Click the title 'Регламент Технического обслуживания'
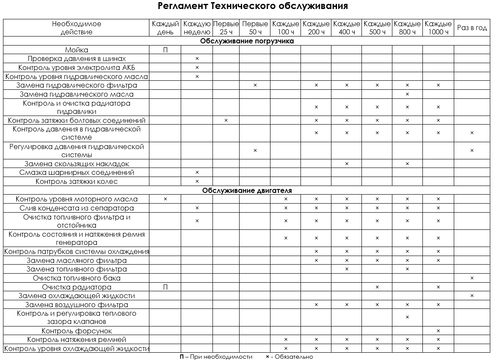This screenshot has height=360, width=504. click(x=252, y=6)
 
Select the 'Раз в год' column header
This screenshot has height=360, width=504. click(x=472, y=28)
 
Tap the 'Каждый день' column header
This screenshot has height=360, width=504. click(x=165, y=28)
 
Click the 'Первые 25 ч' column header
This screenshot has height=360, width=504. click(x=226, y=28)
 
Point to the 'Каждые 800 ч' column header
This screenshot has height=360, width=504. click(x=407, y=28)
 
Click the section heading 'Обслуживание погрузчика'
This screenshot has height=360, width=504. click(x=247, y=41)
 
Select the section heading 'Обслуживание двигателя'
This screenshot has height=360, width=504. click(x=247, y=190)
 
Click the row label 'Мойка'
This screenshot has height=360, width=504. click(x=77, y=50)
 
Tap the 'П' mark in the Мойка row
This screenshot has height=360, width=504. click(x=165, y=50)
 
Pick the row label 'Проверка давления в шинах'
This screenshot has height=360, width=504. click(x=77, y=59)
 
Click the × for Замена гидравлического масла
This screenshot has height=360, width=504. click(x=407, y=94)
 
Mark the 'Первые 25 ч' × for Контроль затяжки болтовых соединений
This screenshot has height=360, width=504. click(x=226, y=121)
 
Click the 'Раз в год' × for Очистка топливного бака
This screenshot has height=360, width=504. click(x=472, y=278)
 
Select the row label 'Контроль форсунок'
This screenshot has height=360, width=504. click(x=77, y=331)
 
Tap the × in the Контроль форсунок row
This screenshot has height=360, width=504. click(x=438, y=331)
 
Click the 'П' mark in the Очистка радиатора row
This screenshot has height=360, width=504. click(x=165, y=287)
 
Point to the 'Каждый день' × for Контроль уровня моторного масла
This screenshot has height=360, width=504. click(x=165, y=199)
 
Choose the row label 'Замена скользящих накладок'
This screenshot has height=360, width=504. click(x=77, y=164)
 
